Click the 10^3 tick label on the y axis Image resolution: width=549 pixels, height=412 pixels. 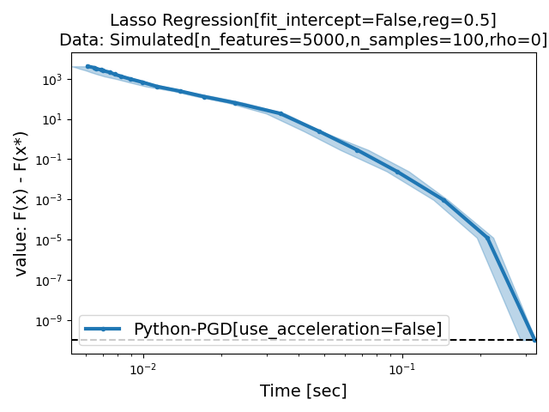click(x=52, y=79)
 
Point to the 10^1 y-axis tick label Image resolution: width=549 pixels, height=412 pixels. click(x=52, y=119)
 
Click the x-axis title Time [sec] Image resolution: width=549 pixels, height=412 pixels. click(x=304, y=391)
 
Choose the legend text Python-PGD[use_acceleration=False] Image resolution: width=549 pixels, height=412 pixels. click(x=287, y=329)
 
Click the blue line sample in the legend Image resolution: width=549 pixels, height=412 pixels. click(x=104, y=329)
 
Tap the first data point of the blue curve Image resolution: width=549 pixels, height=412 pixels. click(x=87, y=66)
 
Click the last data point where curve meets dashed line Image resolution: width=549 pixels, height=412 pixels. click(x=535, y=340)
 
